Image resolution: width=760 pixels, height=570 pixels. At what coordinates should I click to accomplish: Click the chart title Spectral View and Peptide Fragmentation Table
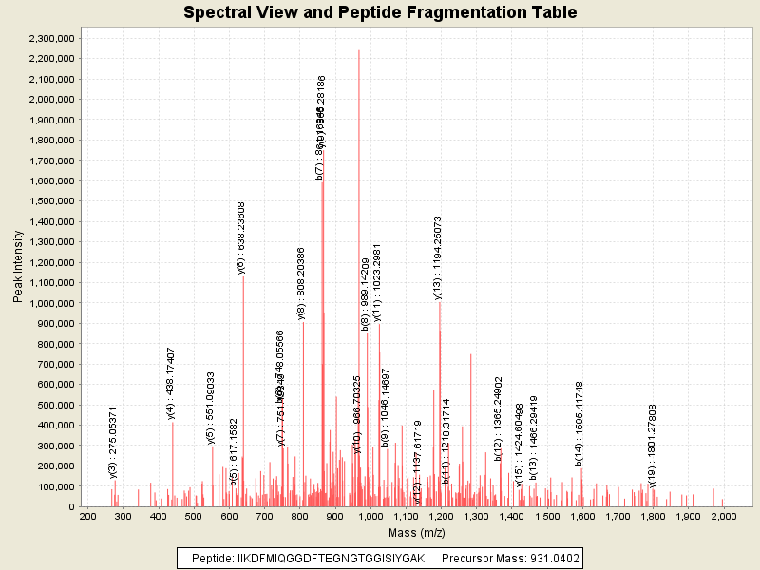tap(380, 12)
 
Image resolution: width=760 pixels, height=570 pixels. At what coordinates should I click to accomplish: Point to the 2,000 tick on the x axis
tap(723, 516)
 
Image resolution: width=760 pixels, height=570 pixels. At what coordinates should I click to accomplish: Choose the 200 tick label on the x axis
tap(86, 516)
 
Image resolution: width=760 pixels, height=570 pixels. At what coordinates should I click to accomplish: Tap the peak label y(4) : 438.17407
tap(171, 383)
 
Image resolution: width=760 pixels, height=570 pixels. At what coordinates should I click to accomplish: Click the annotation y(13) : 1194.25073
tap(438, 257)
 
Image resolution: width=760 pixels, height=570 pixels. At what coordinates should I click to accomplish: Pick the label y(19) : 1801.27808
tap(652, 447)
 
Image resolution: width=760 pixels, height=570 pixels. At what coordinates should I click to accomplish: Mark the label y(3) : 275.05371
tap(113, 442)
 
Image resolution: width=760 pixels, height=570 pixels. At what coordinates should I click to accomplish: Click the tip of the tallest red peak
tap(359, 50)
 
